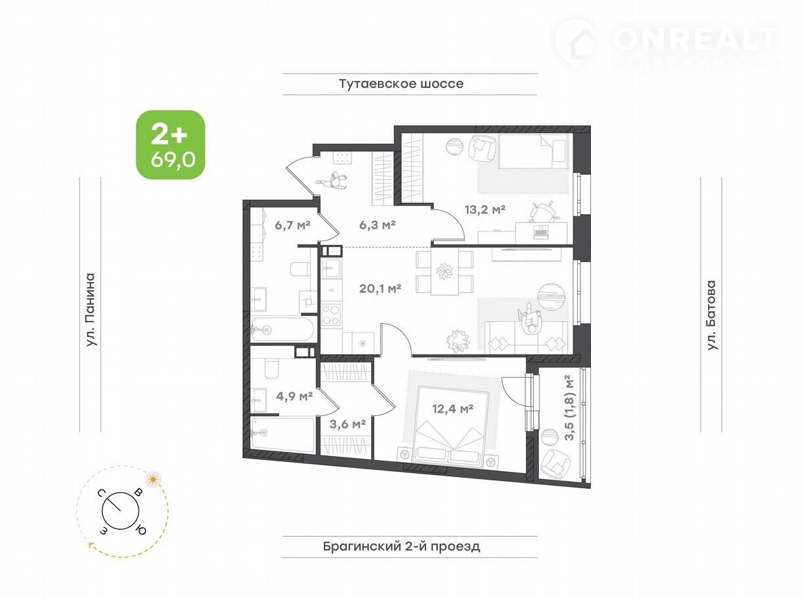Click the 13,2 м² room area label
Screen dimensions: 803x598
click(x=485, y=209)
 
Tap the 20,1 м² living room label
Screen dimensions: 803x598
click(x=380, y=288)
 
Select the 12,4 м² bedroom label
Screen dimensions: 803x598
click(x=453, y=409)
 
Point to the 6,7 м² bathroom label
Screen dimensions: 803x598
click(x=293, y=225)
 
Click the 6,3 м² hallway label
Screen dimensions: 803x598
click(x=378, y=225)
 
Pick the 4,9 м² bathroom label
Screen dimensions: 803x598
click(x=295, y=396)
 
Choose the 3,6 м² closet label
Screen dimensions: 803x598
click(x=347, y=424)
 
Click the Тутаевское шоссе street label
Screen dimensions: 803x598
click(x=402, y=83)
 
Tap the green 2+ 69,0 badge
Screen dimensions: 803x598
click(x=171, y=145)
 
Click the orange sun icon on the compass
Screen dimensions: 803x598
click(x=154, y=480)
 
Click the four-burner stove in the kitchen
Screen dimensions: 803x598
click(x=332, y=315)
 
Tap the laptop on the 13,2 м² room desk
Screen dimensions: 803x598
click(x=542, y=232)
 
